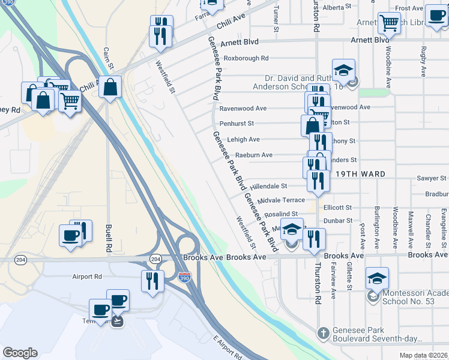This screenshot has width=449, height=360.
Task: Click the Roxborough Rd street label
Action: click(246, 58)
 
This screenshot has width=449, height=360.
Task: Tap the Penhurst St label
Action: click(237, 123)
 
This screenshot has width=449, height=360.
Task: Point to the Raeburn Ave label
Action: click(253, 155)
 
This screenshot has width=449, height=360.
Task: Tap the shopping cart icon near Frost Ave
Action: click(389, 24)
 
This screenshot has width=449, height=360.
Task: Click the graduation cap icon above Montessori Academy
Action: click(378, 278)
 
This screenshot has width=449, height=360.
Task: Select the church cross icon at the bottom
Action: click(323, 333)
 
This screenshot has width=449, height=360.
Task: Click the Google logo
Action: click(20, 352)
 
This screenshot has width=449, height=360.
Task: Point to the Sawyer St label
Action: click(432, 178)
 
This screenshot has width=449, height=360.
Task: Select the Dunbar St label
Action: click(337, 221)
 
